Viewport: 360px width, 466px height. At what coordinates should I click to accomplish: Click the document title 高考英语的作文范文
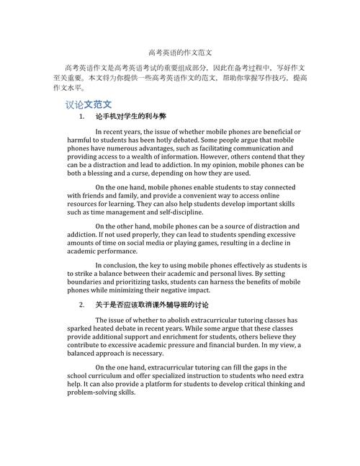pyautogui.click(x=180, y=53)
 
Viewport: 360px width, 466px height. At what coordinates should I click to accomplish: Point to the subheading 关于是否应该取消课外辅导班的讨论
pyautogui.click(x=152, y=305)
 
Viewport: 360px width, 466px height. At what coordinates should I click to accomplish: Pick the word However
pyautogui.click(x=221, y=156)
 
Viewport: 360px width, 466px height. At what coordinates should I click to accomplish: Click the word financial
pyautogui.click(x=216, y=344)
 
